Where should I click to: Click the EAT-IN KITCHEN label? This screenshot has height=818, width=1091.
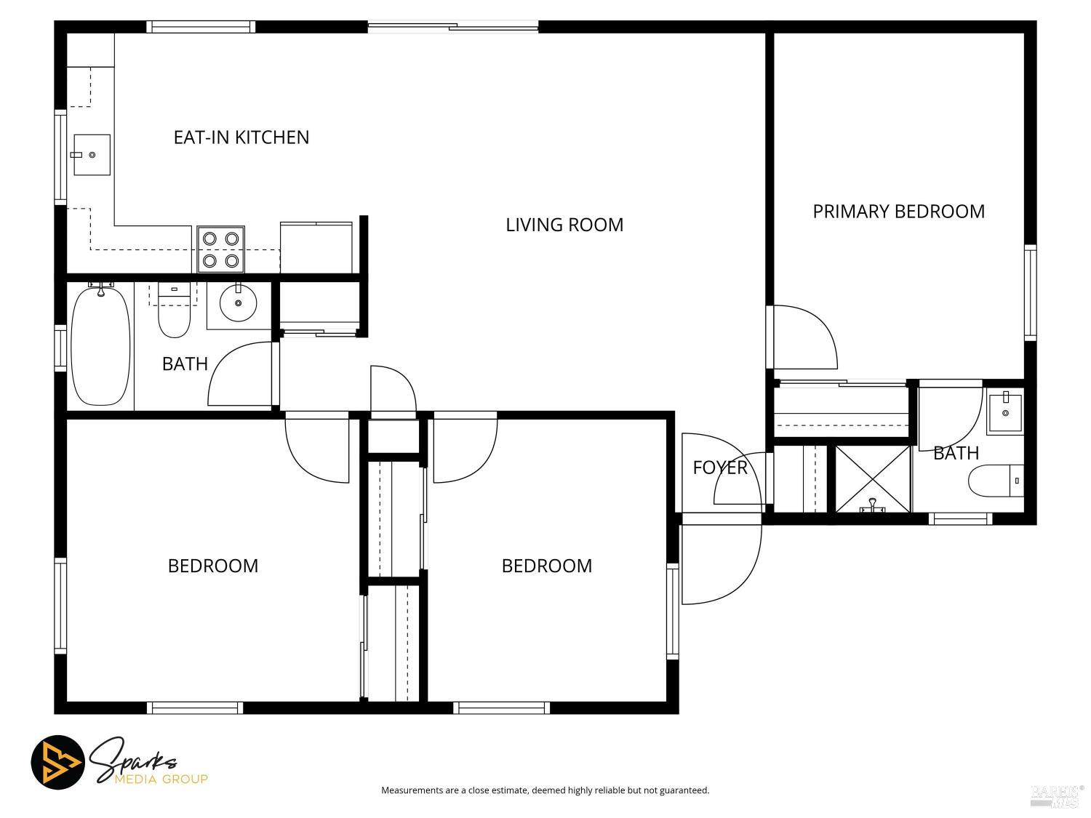(x=241, y=137)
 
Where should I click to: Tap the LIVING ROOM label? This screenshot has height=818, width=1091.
(x=564, y=225)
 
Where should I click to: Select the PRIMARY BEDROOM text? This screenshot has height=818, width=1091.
(x=898, y=212)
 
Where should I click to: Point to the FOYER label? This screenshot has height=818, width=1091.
(x=720, y=468)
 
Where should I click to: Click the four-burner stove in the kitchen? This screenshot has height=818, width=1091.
(x=220, y=249)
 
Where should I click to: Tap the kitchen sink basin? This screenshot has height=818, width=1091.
(x=92, y=154)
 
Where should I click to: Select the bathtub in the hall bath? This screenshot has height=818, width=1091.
(x=101, y=346)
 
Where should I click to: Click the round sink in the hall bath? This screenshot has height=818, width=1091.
(x=238, y=303)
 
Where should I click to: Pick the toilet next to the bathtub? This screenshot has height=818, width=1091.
(x=174, y=310)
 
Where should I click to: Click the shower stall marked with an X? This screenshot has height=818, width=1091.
(x=872, y=478)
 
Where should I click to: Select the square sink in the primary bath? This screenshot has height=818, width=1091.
(x=1004, y=413)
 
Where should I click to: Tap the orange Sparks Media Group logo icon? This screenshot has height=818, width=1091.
(x=58, y=762)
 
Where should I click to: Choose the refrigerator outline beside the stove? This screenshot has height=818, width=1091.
(x=316, y=247)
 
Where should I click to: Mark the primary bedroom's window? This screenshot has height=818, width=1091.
(x=1031, y=292)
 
